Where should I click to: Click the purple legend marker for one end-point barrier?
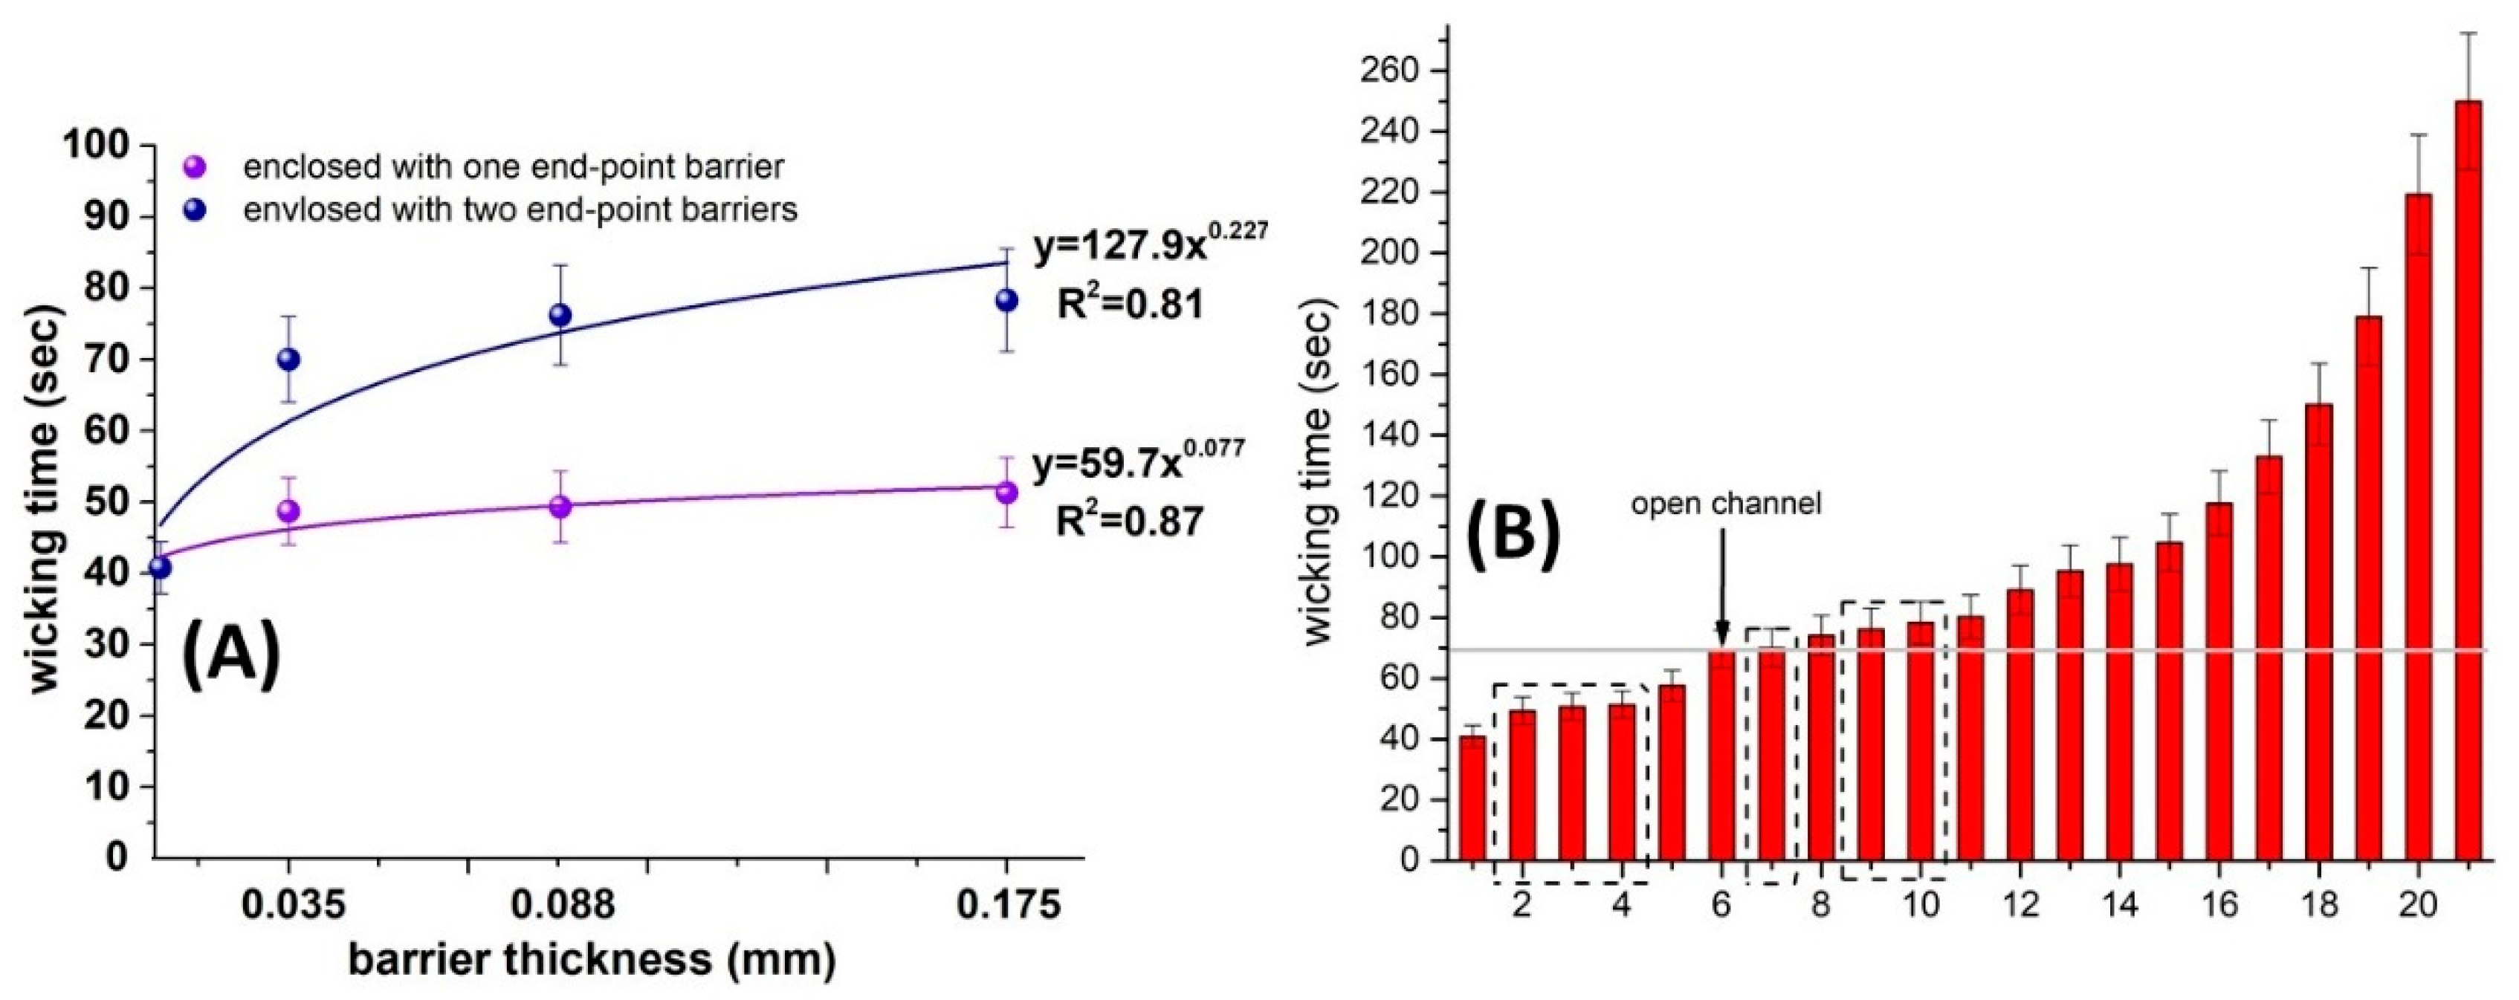(x=195, y=167)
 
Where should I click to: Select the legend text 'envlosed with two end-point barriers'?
(x=520, y=210)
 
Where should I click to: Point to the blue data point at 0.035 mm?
(x=288, y=359)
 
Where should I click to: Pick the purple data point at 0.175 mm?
(x=1006, y=492)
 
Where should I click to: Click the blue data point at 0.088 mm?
(x=560, y=315)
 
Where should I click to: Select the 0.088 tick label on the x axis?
(x=564, y=904)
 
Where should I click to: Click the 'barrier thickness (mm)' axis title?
(x=592, y=960)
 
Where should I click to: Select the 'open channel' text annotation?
(x=1726, y=504)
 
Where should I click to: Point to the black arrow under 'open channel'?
(x=1722, y=586)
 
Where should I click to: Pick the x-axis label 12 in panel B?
(x=2020, y=904)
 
